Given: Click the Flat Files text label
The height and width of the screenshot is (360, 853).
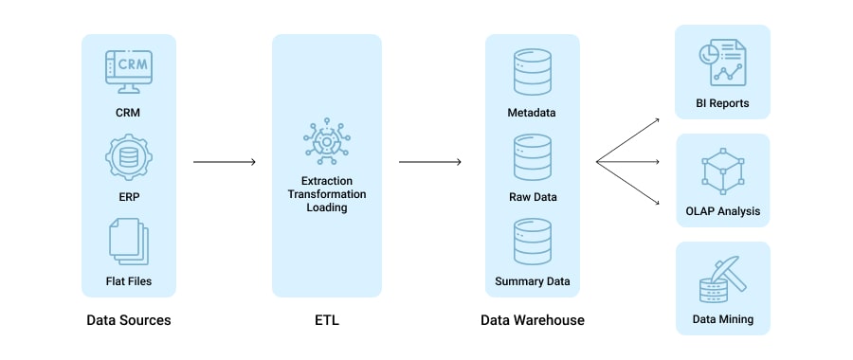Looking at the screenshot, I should coord(128,280).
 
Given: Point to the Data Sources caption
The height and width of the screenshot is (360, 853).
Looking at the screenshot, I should coord(128,320).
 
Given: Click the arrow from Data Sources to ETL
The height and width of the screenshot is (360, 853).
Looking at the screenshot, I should coord(225,162).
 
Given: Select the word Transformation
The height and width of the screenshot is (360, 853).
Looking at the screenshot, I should coord(326,193).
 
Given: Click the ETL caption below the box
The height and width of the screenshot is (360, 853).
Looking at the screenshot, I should coord(326,320).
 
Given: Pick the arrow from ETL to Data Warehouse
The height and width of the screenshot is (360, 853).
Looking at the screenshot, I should coord(429,162).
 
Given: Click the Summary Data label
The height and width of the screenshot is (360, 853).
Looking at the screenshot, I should coord(532,281).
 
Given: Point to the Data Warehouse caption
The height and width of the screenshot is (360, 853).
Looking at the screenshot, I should coord(532,320).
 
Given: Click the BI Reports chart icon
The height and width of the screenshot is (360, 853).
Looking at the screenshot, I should coord(721,63).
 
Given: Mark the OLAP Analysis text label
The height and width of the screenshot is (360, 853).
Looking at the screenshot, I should coord(722,211).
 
